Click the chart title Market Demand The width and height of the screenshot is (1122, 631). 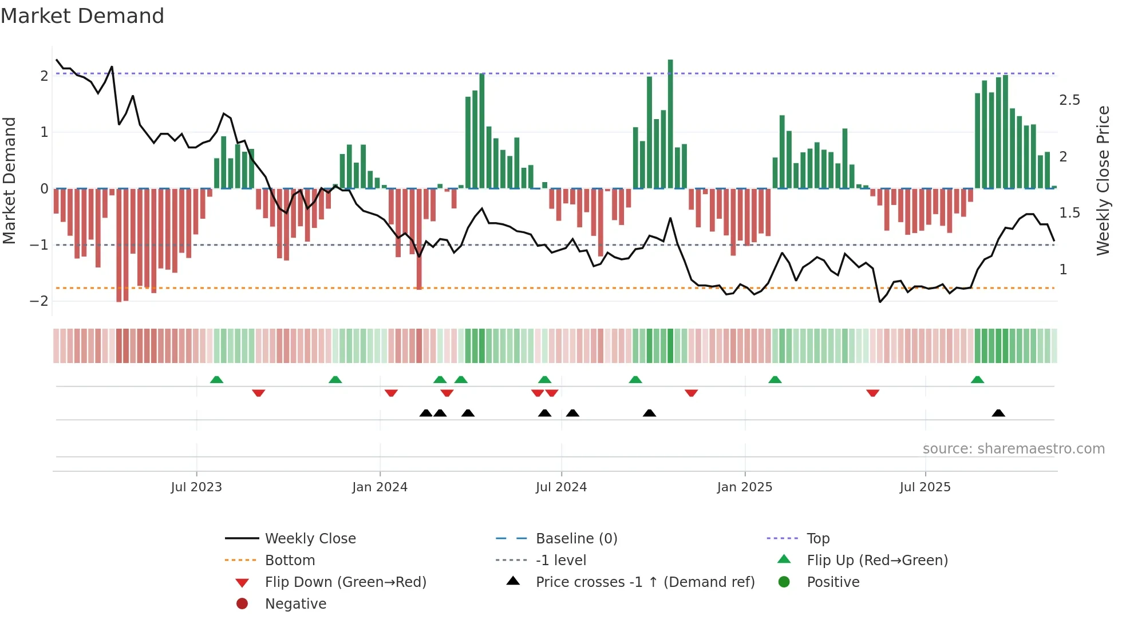coord(82,16)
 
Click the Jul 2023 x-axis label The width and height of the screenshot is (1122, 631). coord(196,487)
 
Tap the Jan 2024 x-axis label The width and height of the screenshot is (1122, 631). coord(380,487)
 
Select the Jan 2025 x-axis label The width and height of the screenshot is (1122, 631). coord(744,487)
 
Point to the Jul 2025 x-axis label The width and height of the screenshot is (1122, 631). coord(925,487)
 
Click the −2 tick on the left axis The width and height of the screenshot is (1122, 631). coord(39,301)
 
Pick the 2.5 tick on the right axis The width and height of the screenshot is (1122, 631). coord(1069,100)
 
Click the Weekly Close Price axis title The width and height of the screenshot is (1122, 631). coord(1103,180)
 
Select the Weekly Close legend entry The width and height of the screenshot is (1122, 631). coord(310,539)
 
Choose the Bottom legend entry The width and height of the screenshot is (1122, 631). coord(290,561)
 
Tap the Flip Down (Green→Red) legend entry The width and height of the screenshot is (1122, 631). coord(345,582)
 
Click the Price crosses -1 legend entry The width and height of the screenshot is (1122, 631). coord(645,582)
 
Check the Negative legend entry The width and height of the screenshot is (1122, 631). coord(295,604)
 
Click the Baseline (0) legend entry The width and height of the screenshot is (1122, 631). coord(576,539)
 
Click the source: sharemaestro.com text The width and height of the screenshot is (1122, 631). coord(1013,449)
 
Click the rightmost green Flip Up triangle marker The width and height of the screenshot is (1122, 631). coord(977,380)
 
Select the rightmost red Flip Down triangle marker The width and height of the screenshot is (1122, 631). coord(872,393)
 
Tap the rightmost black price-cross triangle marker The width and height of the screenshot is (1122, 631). coord(998,413)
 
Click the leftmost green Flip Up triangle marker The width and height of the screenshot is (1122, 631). coord(216,380)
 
